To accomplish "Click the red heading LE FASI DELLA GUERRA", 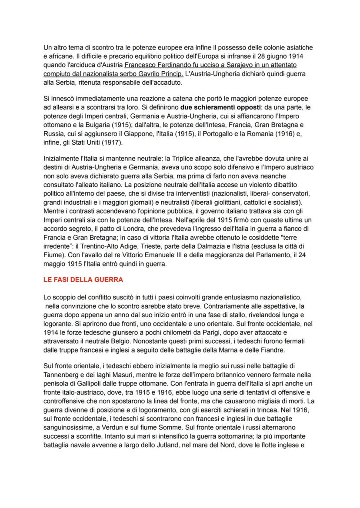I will coord(83,280).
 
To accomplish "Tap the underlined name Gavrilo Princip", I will coord(161,73).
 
